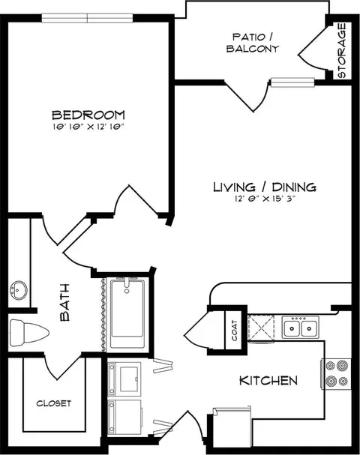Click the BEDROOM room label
(x=88, y=115)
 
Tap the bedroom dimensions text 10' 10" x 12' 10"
(x=88, y=127)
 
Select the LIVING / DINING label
(x=265, y=187)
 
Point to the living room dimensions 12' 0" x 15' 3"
(x=265, y=199)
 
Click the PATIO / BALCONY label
(x=253, y=43)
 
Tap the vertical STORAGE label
(x=342, y=50)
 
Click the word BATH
(x=65, y=302)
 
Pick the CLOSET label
(x=54, y=403)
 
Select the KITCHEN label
(x=268, y=381)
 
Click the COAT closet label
(x=235, y=331)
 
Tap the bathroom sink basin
(x=18, y=290)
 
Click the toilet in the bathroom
(x=29, y=333)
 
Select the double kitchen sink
(x=301, y=328)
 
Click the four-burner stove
(x=336, y=374)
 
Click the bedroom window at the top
(x=88, y=18)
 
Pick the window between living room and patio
(x=292, y=82)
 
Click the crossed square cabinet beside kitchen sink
(x=261, y=328)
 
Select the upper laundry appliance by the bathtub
(x=124, y=379)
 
